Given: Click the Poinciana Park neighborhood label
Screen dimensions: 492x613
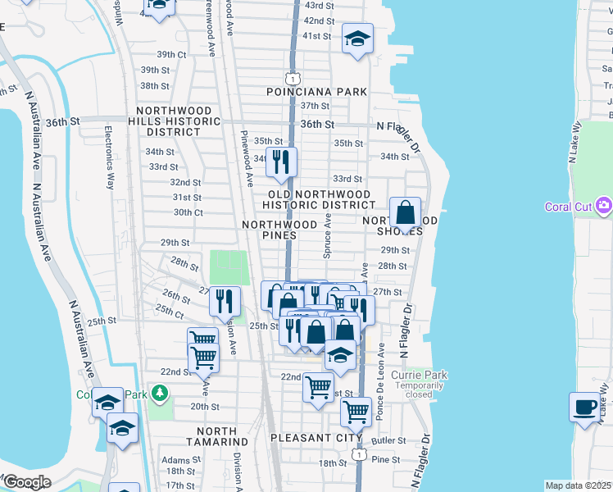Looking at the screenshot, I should click(x=316, y=92).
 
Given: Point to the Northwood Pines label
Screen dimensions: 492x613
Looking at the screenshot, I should click(x=279, y=230).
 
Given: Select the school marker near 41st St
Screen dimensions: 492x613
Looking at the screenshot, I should click(x=357, y=39).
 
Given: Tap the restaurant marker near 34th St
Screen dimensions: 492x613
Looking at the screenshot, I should click(x=281, y=162).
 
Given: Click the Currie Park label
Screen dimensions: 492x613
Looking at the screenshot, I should click(x=419, y=376).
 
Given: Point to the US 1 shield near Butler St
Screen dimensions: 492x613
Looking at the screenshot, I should click(x=357, y=453).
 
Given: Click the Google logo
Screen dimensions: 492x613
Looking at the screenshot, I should click(x=26, y=482).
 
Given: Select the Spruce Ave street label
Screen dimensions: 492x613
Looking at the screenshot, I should click(x=327, y=237).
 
